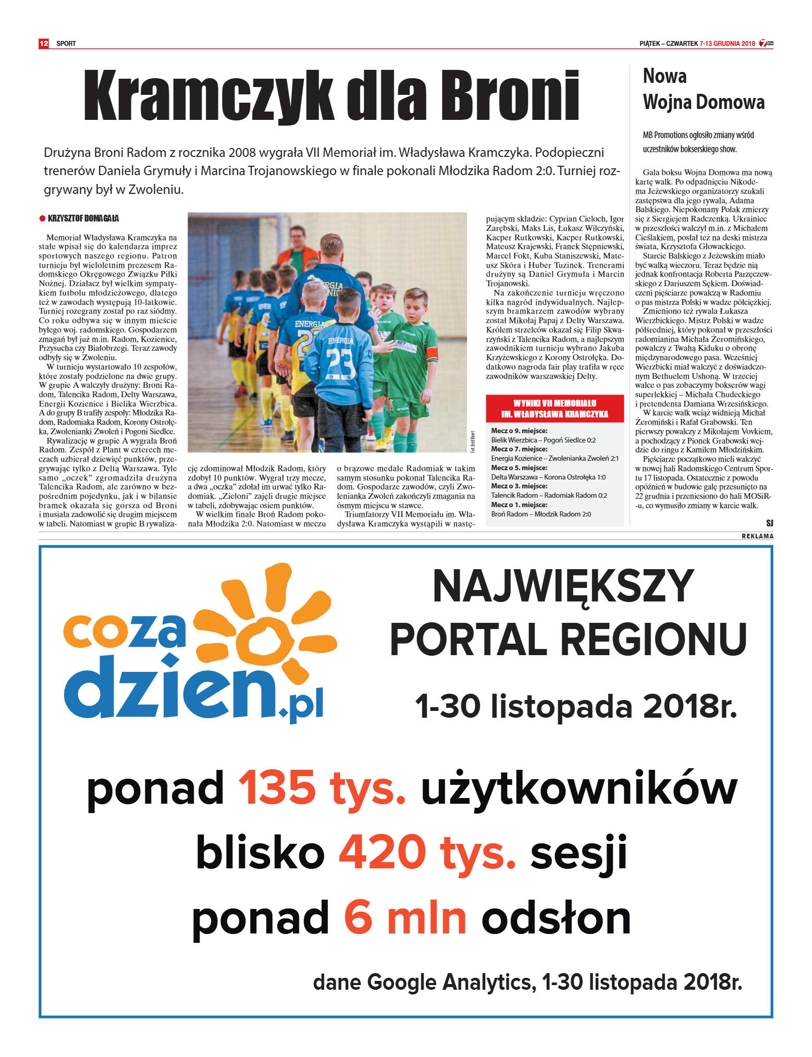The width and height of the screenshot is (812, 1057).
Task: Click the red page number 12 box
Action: [x=44, y=43]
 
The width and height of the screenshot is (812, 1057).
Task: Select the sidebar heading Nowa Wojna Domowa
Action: [x=703, y=89]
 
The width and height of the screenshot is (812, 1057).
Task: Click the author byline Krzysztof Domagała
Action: [x=83, y=218]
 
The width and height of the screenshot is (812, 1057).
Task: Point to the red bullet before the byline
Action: [x=42, y=218]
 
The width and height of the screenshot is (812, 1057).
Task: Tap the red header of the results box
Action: [x=555, y=409]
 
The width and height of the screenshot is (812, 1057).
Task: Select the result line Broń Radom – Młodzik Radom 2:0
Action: [x=540, y=514]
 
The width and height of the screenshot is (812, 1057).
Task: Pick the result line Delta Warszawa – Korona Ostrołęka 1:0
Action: [x=548, y=477]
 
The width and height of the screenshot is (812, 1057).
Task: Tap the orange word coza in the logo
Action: [x=125, y=630]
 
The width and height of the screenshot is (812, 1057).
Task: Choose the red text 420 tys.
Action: [x=427, y=853]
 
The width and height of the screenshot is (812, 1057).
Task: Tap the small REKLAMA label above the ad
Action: [x=757, y=536]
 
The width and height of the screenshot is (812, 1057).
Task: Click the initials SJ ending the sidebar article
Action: [x=769, y=523]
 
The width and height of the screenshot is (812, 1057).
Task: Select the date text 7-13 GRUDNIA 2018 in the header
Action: [x=727, y=43]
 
